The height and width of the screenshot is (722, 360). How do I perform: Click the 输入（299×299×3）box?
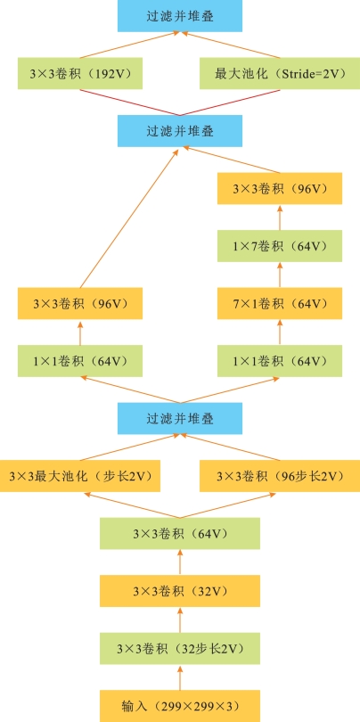tap(179, 706)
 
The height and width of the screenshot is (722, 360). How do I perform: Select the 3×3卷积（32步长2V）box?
tap(179, 648)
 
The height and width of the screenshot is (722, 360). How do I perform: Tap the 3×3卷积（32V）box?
tap(179, 591)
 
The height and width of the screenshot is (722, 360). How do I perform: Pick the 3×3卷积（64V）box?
tap(179, 534)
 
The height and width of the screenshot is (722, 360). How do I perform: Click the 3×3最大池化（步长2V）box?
tap(80, 476)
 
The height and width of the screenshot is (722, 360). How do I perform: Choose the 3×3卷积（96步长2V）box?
tap(280, 476)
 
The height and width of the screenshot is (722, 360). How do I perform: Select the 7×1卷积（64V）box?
tap(280, 303)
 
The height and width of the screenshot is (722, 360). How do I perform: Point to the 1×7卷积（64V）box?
tap(280, 246)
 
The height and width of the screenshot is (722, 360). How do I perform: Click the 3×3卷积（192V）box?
tap(80, 73)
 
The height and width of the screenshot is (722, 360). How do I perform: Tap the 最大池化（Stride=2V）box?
tap(280, 73)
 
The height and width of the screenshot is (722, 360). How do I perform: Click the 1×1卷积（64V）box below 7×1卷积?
tap(280, 361)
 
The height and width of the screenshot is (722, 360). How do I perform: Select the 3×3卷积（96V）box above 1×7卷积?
tap(280, 188)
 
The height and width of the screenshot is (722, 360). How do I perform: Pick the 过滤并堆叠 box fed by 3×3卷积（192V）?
tap(180, 16)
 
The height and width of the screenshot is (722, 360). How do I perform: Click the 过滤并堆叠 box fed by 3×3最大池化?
tap(180, 419)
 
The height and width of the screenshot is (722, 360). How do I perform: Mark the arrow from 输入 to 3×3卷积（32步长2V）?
tap(180, 677)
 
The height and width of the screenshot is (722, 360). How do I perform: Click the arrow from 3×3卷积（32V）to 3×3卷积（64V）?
tap(180, 562)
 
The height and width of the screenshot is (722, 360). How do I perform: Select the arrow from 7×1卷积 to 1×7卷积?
tap(280, 275)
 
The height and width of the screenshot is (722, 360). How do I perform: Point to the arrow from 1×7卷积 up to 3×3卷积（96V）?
tap(280, 217)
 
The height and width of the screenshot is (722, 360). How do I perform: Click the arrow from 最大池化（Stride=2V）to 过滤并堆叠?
tap(230, 45)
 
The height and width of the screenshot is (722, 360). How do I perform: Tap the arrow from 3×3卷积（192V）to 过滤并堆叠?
tap(130, 45)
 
